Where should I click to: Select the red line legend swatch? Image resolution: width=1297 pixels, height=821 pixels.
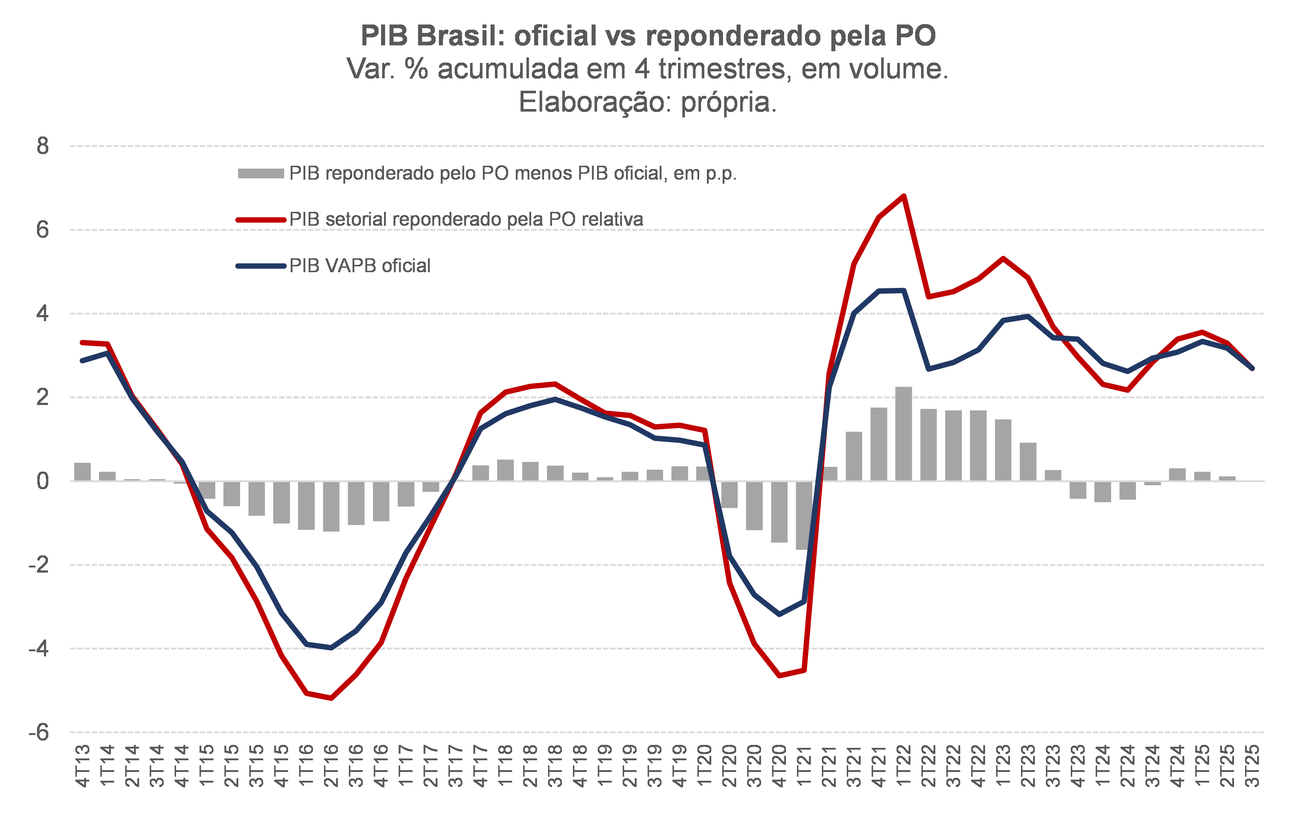click(x=261, y=220)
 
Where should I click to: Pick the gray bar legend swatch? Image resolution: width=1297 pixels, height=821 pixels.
click(x=261, y=173)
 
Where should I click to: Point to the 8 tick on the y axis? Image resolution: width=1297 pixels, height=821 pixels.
click(x=42, y=146)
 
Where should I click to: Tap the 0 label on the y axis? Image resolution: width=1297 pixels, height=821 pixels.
click(x=42, y=481)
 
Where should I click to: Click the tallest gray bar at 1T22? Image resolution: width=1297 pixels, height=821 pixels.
click(x=903, y=434)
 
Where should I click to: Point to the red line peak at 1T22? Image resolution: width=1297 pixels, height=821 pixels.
click(x=903, y=196)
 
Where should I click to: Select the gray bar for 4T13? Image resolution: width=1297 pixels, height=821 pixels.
click(x=82, y=472)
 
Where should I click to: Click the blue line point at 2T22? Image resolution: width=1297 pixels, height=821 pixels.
click(x=928, y=369)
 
